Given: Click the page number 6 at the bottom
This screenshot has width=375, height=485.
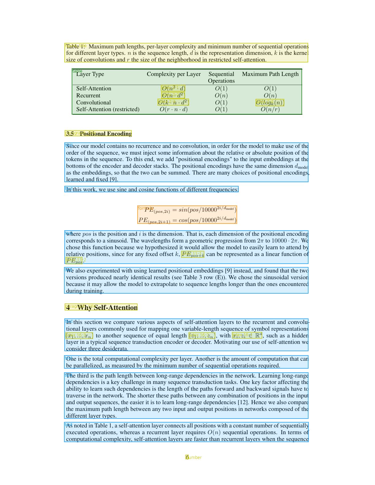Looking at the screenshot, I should (187, 457).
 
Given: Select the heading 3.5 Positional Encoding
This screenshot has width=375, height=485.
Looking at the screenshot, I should (98, 133).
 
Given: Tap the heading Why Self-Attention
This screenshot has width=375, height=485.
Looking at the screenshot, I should (107, 307).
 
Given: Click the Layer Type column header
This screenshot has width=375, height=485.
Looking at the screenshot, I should (90, 74).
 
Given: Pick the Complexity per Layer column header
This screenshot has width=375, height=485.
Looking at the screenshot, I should (174, 74).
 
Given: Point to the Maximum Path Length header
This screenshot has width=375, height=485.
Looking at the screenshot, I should (270, 74).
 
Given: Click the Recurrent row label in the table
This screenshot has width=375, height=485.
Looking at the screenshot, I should (88, 96).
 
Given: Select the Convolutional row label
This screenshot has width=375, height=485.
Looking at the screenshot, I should (93, 103).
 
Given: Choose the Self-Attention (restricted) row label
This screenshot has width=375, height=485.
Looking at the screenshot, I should (108, 109).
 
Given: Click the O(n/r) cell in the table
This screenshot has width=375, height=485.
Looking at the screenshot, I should (270, 109).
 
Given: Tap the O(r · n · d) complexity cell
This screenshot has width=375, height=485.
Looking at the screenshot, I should (174, 109).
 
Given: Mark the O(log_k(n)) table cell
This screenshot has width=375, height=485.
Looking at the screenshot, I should (270, 103).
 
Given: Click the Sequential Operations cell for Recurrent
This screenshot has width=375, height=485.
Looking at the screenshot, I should (221, 96).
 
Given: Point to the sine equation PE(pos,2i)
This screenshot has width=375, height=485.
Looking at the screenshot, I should (187, 210).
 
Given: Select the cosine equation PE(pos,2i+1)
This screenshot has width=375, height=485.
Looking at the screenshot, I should (187, 220).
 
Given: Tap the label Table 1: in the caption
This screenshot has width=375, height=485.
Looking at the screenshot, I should (75, 47).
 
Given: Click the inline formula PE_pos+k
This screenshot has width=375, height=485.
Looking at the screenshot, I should (193, 254).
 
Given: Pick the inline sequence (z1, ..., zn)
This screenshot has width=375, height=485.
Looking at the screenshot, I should (202, 336).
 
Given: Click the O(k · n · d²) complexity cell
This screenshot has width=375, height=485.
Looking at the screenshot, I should (173, 103).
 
